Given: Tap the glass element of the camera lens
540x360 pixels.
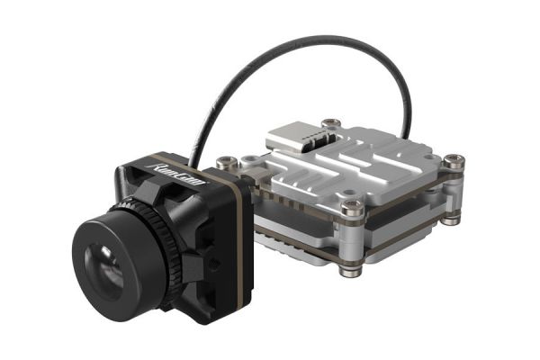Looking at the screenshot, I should [106, 268].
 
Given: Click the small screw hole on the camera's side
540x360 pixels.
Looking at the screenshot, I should [216, 264].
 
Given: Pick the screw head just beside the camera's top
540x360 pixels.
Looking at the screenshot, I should [227, 162].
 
